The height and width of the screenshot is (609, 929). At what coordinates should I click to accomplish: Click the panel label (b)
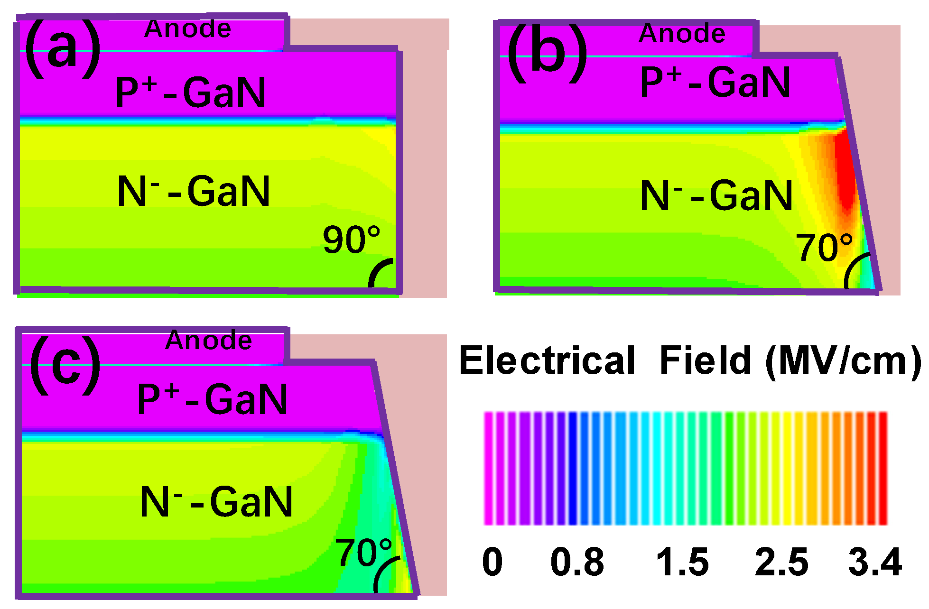coord(548,53)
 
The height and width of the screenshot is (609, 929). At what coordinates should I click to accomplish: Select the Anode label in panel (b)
coord(682,33)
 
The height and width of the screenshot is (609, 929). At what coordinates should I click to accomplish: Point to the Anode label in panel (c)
coord(208,340)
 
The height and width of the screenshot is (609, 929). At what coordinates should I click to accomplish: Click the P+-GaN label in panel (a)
coord(191,92)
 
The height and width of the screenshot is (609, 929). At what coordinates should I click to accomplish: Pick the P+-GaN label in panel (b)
coord(715,82)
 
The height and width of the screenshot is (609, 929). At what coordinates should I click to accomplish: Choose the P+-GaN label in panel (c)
coord(213,399)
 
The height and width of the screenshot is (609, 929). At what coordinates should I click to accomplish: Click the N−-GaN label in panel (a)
coord(194,191)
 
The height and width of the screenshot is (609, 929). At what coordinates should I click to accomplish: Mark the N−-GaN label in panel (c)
coord(216,501)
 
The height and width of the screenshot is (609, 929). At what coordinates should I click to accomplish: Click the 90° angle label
coord(352,240)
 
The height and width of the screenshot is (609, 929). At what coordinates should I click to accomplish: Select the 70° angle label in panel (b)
coord(824,247)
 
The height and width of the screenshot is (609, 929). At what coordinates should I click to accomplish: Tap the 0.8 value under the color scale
coord(577,562)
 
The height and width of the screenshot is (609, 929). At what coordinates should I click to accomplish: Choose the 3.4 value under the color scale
coord(875,562)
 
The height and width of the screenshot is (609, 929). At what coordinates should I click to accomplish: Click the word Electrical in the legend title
coord(547,360)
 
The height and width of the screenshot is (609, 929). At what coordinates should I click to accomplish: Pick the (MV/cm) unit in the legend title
coord(843,360)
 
